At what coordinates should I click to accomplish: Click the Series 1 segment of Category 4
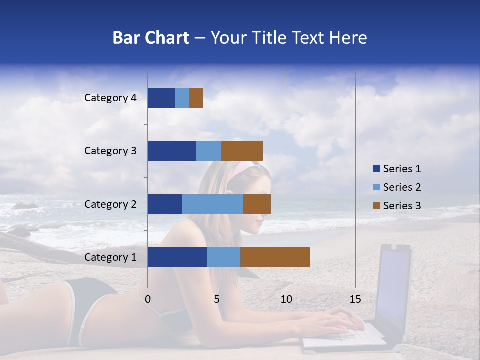pyautogui.click(x=161, y=98)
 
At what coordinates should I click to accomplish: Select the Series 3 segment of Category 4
pyautogui.click(x=196, y=98)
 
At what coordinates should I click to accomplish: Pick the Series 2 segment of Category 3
pyautogui.click(x=209, y=151)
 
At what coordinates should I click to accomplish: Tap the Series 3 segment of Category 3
pyautogui.click(x=242, y=151)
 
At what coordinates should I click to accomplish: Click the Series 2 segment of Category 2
pyautogui.click(x=213, y=204)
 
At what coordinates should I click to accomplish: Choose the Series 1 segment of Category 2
pyautogui.click(x=165, y=204)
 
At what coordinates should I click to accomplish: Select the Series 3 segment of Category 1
pyautogui.click(x=275, y=257)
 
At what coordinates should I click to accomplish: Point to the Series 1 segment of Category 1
pyautogui.click(x=177, y=257)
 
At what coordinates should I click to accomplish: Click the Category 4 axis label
pyautogui.click(x=110, y=98)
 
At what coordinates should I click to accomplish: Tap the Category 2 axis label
pyautogui.click(x=110, y=204)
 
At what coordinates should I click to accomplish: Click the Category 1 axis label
pyautogui.click(x=110, y=257)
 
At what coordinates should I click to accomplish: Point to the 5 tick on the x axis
pyautogui.click(x=217, y=299)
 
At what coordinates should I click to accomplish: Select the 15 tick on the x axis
pyautogui.click(x=355, y=299)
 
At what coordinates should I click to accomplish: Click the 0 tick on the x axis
pyautogui.click(x=147, y=299)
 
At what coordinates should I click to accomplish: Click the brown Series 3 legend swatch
pyautogui.click(x=376, y=206)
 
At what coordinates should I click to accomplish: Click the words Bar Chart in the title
pyautogui.click(x=150, y=38)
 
